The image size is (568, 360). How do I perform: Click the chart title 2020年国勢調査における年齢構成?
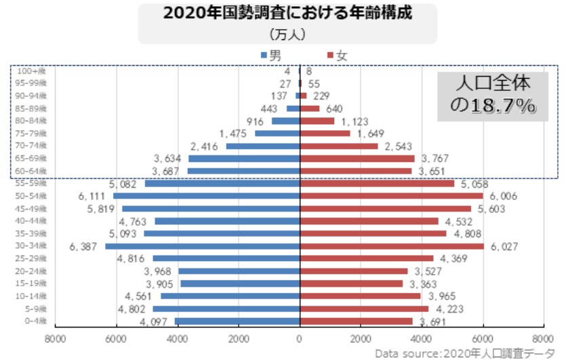coord(287,13)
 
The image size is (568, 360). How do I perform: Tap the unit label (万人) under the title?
coord(287,33)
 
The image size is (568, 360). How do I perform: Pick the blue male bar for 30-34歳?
coord(202,247)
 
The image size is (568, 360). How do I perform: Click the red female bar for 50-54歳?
coord(391,196)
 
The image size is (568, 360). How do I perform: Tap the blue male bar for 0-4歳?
coord(237,322)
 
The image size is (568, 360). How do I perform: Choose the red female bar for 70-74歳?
coord(338,146)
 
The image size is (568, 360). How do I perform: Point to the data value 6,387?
coord(83,247)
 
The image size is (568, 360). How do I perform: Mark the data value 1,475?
coord(235,134)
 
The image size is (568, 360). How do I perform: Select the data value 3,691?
coord(433,322)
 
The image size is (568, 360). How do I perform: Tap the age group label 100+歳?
coord(31,71)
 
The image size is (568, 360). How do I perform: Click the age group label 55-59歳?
coord(31,184)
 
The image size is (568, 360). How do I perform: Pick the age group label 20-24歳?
coord(31,272)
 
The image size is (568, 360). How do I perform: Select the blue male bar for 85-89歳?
coord(293,108)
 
